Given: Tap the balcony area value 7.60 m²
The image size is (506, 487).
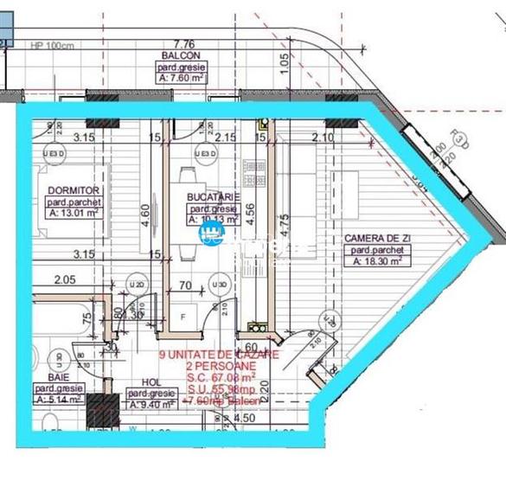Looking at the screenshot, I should (x=183, y=76).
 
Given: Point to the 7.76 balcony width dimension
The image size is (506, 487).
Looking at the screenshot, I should (x=183, y=43).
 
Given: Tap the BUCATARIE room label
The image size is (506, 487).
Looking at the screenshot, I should (x=212, y=197).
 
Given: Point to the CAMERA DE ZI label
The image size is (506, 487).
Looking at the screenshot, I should (x=377, y=238).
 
